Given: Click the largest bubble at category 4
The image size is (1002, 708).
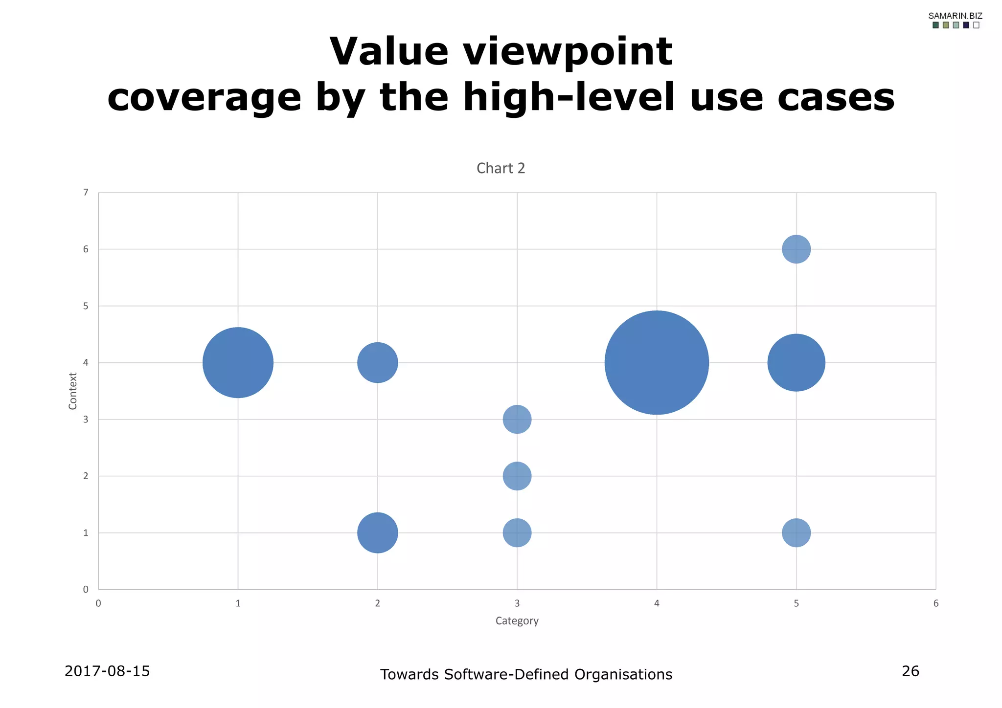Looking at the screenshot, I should pyautogui.click(x=657, y=362).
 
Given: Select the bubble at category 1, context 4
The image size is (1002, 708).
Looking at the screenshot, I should pyautogui.click(x=238, y=362).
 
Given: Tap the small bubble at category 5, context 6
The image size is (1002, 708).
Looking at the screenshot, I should pyautogui.click(x=796, y=249).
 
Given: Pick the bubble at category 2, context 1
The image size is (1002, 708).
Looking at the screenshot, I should pyautogui.click(x=377, y=532).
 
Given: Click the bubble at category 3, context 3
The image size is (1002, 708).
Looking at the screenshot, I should pyautogui.click(x=517, y=419).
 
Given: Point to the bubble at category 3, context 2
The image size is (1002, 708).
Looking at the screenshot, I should pyautogui.click(x=517, y=476).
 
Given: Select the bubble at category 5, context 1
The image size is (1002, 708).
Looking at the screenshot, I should pyautogui.click(x=796, y=532).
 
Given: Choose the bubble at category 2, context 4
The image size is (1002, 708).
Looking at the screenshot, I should pyautogui.click(x=377, y=362).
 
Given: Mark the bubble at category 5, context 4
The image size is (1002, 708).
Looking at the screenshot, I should pyautogui.click(x=796, y=362).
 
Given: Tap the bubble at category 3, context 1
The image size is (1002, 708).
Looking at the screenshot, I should pyautogui.click(x=517, y=532).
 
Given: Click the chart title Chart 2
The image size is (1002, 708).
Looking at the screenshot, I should pyautogui.click(x=501, y=168).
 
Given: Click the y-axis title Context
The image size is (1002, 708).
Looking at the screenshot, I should pyautogui.click(x=73, y=391).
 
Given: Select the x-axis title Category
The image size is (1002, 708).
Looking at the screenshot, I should pyautogui.click(x=517, y=620).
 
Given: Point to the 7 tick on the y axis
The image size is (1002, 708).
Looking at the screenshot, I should pyautogui.click(x=86, y=192).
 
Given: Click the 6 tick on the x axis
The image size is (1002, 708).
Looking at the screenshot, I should pyautogui.click(x=935, y=603).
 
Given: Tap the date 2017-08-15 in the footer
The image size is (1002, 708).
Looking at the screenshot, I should pyautogui.click(x=107, y=671).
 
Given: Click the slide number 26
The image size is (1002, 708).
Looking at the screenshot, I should pyautogui.click(x=910, y=671).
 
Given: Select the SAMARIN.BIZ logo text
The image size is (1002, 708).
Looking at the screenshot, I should pyautogui.click(x=955, y=16).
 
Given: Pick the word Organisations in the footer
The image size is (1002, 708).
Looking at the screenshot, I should pyautogui.click(x=623, y=674).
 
